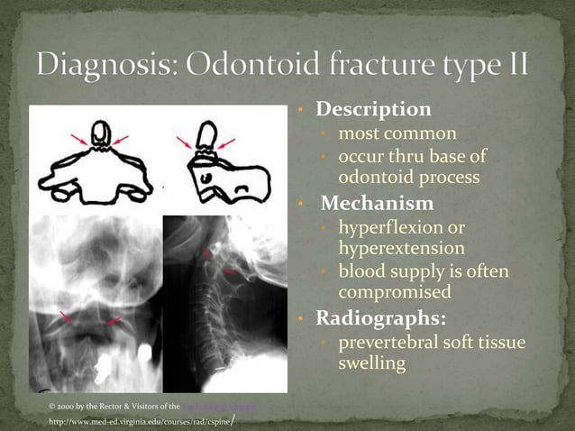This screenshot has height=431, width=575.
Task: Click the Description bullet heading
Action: tap(372, 110)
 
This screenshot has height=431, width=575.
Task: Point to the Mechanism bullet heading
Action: tap(377, 203)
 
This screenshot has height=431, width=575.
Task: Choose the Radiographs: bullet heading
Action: tap(379, 319)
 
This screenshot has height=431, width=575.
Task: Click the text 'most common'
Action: tap(397, 134)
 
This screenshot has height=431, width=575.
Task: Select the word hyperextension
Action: tap(401, 248)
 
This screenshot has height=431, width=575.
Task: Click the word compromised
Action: tap(394, 293)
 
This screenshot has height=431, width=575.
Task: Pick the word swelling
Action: tap(371, 364)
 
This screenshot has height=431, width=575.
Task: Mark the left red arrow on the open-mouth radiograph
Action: tap(66, 316)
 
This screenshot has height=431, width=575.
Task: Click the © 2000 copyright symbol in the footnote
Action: tap(52, 407)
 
